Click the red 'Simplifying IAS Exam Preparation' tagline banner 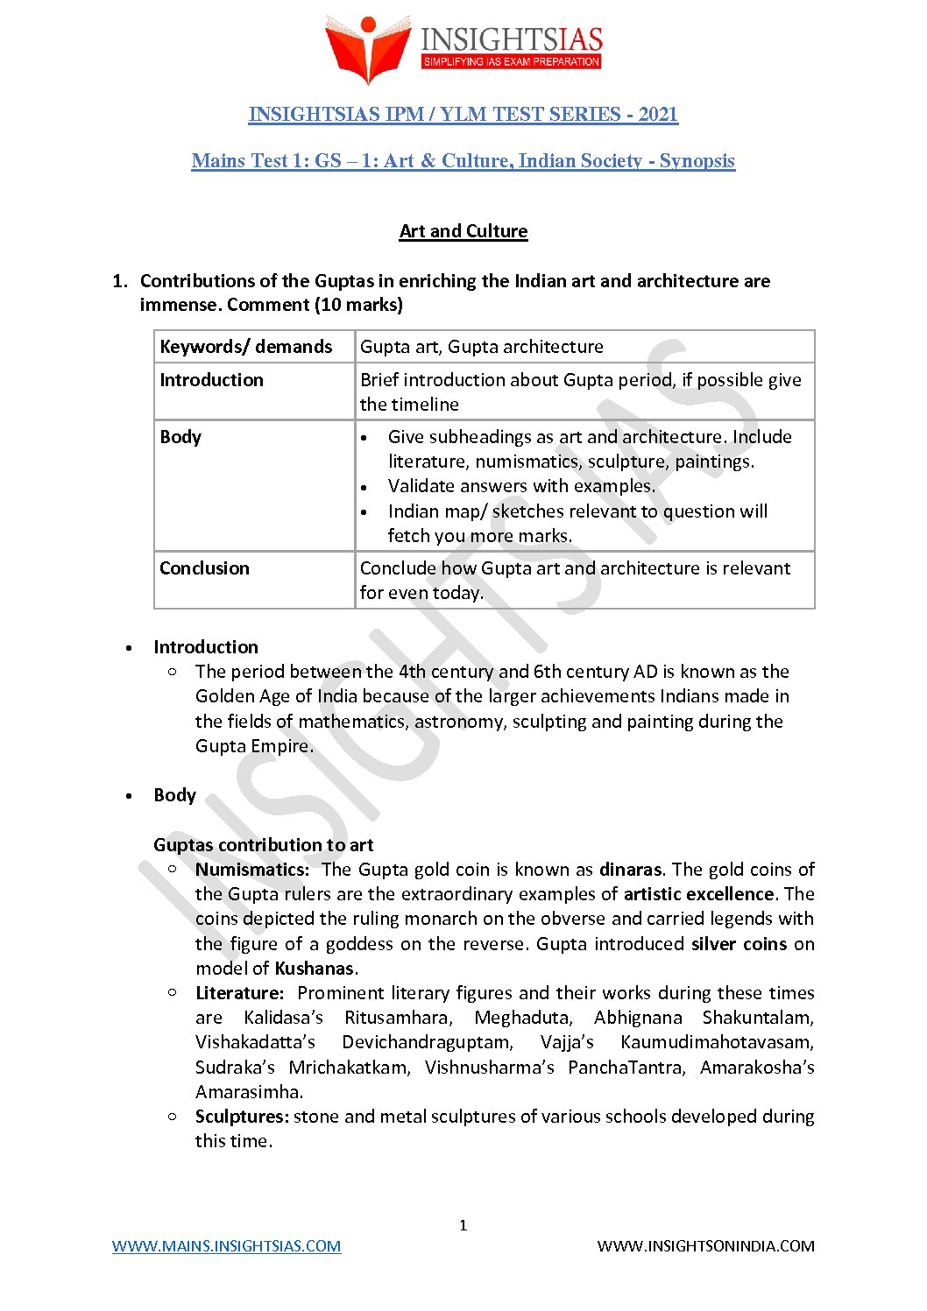512,62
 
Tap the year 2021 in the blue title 658,115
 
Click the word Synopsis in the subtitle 697,161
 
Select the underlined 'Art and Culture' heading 463,231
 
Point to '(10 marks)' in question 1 360,305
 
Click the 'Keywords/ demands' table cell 246,347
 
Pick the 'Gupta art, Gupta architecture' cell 482,347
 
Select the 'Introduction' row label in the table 211,380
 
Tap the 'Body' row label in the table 180,437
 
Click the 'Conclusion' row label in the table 204,568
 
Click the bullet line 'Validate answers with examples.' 521,486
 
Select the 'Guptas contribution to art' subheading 263,845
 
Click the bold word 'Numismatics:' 252,870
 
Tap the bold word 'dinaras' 630,870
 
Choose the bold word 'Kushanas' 315,969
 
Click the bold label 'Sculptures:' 242,1117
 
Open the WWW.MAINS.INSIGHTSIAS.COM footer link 226,1246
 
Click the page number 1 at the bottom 463,1225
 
